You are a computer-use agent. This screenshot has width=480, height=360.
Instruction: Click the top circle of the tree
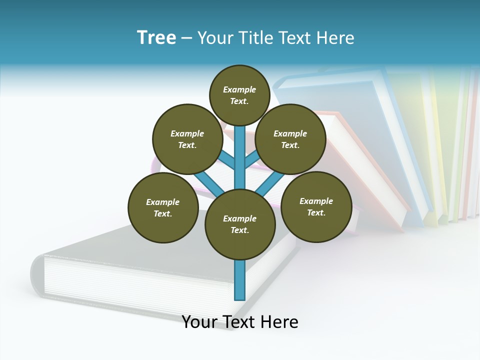point(239,95)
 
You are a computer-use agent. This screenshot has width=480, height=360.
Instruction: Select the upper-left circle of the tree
point(187,139)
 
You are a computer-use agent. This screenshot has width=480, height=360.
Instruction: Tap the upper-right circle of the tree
point(290,139)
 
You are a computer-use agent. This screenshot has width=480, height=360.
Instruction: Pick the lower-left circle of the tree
point(163,207)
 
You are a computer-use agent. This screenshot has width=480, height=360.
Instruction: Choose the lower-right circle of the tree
point(316,206)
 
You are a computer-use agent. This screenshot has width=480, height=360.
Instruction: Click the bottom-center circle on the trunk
point(240,224)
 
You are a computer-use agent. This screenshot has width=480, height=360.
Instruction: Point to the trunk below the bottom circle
point(240,280)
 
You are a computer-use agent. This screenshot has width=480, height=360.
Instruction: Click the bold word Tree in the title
point(156,37)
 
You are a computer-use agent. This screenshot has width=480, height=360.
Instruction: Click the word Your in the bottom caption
point(199,322)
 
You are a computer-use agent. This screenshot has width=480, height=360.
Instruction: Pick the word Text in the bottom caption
point(238,322)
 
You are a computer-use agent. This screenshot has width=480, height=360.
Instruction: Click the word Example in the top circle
point(239,89)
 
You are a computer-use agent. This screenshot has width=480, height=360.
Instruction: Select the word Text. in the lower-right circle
point(316,212)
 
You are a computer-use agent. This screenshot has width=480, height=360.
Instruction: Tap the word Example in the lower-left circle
point(163,202)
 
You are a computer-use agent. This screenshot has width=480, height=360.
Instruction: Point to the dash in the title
point(186,38)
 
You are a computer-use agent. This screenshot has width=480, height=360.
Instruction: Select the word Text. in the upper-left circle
point(187,145)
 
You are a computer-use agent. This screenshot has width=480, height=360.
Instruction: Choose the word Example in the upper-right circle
point(290,133)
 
